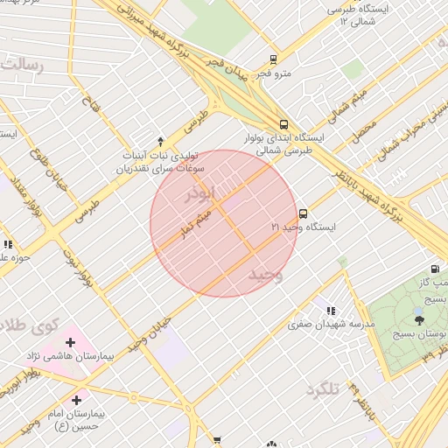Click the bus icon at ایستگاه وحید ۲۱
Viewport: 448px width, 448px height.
point(304,213)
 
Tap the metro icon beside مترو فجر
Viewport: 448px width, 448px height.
point(274,60)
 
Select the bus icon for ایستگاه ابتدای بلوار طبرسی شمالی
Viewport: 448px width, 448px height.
point(283,125)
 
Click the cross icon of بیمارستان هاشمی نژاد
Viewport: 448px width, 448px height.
point(71,342)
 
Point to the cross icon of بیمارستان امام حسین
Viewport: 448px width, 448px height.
point(77,399)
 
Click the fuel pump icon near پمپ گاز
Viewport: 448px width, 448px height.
point(435,269)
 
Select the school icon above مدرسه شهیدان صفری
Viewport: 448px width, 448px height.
point(330,311)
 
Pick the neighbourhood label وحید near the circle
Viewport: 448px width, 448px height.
point(266,275)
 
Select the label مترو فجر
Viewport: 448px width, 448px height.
point(276,73)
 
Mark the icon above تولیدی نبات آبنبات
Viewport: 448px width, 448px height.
point(160,141)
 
